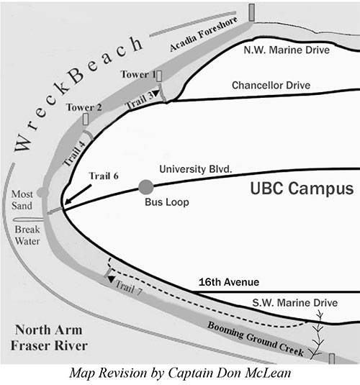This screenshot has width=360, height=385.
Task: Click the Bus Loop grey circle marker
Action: (146, 187)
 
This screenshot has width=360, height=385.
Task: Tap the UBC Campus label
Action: (302, 189)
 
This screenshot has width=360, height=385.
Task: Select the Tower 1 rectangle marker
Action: (159, 76)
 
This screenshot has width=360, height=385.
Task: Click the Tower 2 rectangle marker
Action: (86, 119)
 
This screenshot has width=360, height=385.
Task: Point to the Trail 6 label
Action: (104, 176)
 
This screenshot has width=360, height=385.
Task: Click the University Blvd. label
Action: (196, 169)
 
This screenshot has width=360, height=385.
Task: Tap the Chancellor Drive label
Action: (271, 85)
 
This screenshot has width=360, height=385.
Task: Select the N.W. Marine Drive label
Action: (287, 50)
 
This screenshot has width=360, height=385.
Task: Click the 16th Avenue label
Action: (229, 282)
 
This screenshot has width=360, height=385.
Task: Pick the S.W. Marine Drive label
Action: (295, 303)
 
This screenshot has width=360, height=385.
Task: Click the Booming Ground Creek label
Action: (256, 339)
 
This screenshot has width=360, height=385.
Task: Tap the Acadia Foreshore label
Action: (204, 34)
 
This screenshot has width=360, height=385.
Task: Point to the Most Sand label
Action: (22, 200)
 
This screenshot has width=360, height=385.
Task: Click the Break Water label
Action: (27, 235)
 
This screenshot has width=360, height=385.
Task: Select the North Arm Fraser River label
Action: (49, 338)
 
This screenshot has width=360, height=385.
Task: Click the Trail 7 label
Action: (129, 288)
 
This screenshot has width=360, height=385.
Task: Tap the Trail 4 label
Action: (74, 153)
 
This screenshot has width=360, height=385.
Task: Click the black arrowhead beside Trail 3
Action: (156, 93)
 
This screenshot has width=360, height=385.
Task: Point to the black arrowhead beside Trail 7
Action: (112, 279)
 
